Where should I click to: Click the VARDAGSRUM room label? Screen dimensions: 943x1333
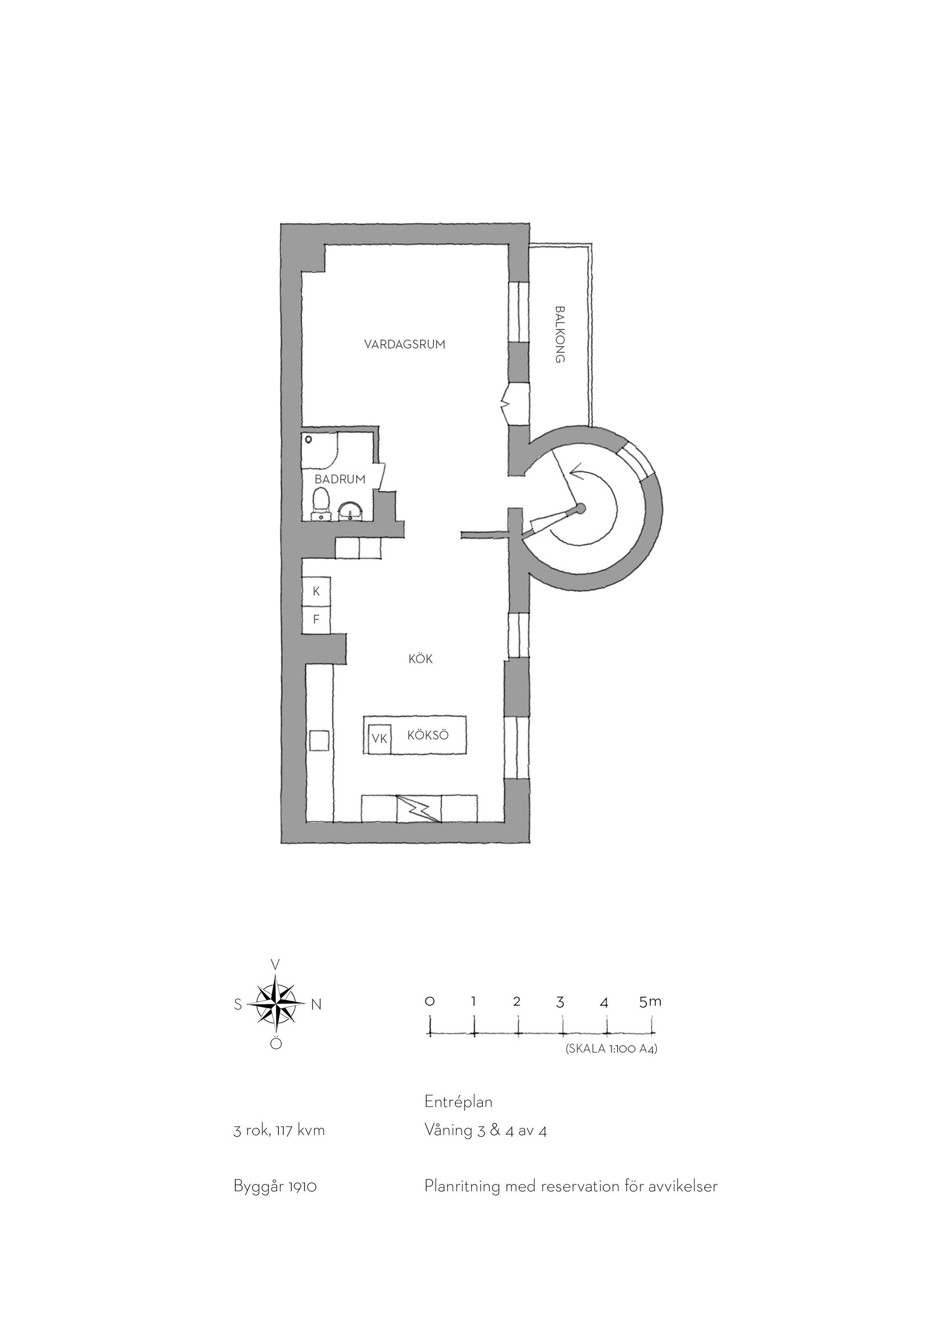point(405,344)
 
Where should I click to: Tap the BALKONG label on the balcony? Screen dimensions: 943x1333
point(560,334)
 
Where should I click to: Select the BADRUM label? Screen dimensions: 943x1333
point(340,479)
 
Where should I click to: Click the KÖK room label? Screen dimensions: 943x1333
point(420,659)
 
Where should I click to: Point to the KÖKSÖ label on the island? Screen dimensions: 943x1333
point(428,735)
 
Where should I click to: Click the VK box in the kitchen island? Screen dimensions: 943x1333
point(380,739)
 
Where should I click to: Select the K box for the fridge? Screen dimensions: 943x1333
point(316,592)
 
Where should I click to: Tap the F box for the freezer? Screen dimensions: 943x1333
point(316,620)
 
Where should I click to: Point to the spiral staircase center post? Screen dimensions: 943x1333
point(580,509)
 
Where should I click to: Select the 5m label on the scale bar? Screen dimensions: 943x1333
point(650,1002)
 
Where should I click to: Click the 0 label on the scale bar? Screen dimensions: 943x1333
point(430,1002)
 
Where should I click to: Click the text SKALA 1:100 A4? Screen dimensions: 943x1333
point(611,1049)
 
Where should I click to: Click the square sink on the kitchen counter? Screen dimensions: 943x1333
point(319,741)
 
